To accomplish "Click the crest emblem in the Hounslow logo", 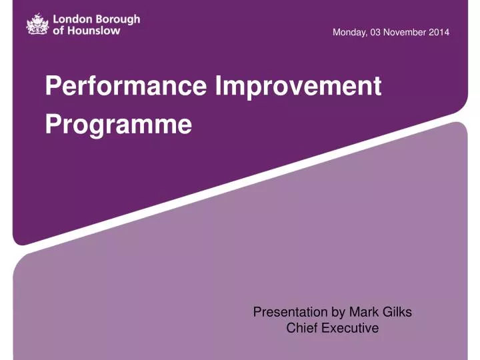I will [37, 25].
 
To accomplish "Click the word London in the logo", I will [71, 19].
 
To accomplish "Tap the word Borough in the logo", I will [117, 19].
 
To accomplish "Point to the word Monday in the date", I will [349, 33].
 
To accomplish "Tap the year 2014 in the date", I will [439, 33].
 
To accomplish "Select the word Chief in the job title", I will [301, 328].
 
